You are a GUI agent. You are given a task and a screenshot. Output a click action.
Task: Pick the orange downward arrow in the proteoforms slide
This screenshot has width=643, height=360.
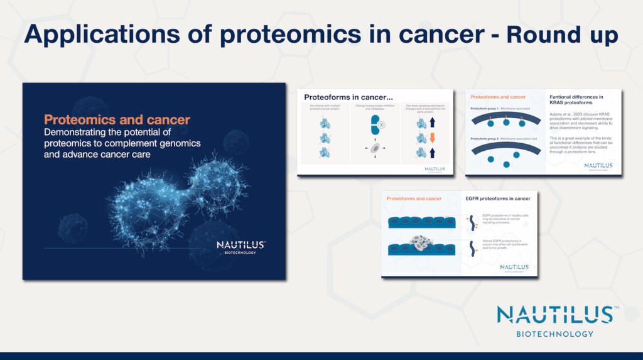[x=433, y=136]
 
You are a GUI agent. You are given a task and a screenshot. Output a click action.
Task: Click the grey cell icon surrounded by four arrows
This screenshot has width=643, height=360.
[x=375, y=149]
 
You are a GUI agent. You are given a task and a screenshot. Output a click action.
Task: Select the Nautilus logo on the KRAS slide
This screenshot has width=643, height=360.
[x=598, y=166]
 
